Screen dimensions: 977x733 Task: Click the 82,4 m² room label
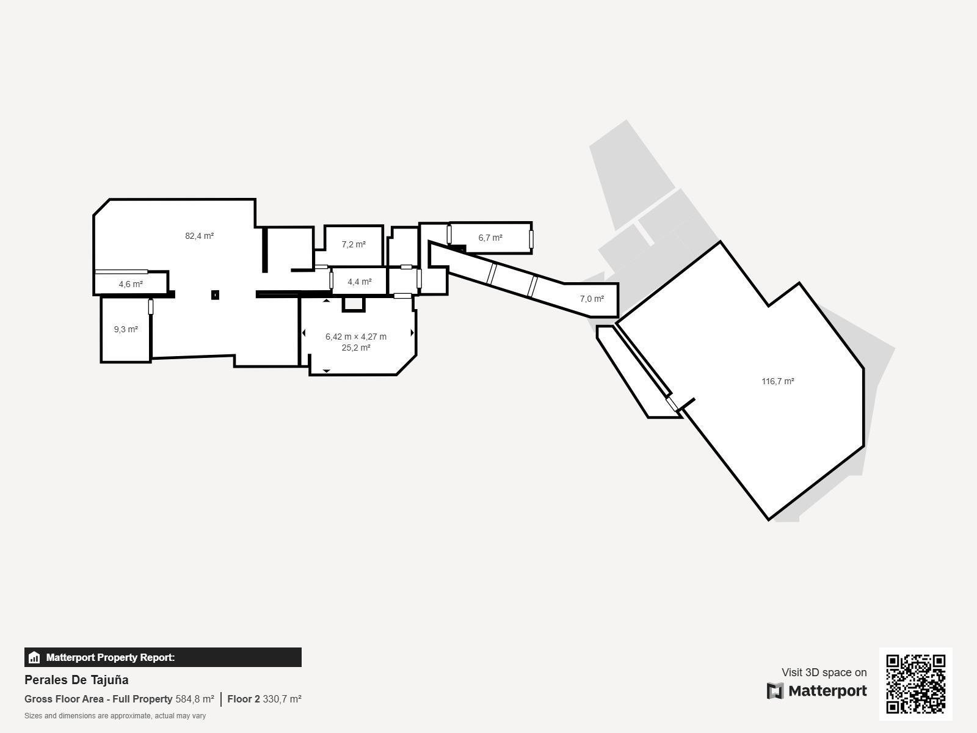pos(200,236)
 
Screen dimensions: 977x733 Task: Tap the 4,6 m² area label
pos(131,284)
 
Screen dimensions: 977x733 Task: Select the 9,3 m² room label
pos(126,329)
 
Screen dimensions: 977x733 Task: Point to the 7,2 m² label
pos(354,244)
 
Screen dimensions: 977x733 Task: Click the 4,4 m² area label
pos(360,282)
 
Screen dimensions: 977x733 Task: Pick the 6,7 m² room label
pos(490,238)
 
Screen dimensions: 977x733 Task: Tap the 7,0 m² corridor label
pos(592,299)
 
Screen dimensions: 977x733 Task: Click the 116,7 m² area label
pos(778,381)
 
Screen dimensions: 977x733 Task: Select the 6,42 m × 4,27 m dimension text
pos(356,337)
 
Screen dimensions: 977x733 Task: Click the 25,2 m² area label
pos(356,348)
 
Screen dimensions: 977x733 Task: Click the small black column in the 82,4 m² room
pos(215,294)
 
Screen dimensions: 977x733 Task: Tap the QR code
pos(915,684)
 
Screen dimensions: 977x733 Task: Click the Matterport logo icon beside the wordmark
pos(775,691)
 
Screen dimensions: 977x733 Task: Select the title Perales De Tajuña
pos(76,680)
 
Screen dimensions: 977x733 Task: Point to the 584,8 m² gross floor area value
pos(195,699)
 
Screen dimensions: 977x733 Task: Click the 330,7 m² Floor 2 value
pos(282,699)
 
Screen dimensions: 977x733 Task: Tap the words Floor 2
pos(244,699)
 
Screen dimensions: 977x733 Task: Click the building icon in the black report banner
pos(34,657)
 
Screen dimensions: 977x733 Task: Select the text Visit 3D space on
pos(824,673)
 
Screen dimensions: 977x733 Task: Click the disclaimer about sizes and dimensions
pos(115,716)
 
